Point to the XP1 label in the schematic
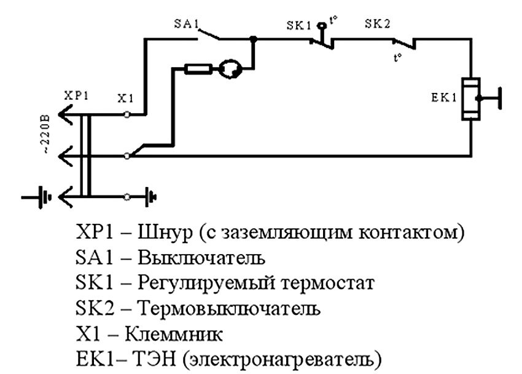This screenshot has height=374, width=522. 76,97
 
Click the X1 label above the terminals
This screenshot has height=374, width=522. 126,97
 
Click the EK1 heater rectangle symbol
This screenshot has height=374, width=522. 470,98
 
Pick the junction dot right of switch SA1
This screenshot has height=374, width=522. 253,39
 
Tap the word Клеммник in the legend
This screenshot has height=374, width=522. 173,334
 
